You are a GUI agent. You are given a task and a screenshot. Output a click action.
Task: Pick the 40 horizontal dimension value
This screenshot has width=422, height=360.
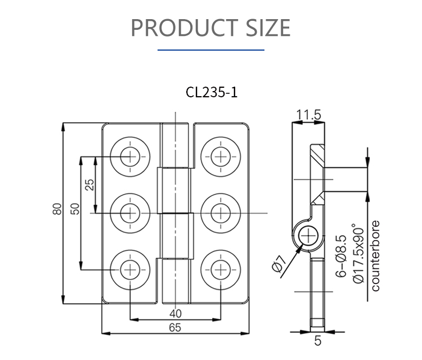(x=175, y=313)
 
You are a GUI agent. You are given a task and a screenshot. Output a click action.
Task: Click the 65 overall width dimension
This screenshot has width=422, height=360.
(x=175, y=327)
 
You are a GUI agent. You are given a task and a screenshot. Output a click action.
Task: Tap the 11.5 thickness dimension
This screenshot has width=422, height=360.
(x=308, y=115)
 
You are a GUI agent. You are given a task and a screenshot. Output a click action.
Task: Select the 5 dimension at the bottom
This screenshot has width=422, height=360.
(x=318, y=340)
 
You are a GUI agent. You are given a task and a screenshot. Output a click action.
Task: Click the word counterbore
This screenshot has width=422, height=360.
(x=376, y=256)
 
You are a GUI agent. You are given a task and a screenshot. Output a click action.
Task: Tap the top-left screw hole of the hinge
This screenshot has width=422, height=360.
(x=131, y=156)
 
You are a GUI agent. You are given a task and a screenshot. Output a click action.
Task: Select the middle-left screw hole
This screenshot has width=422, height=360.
(x=131, y=213)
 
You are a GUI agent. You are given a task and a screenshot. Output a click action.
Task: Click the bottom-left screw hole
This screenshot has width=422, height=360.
(x=131, y=269)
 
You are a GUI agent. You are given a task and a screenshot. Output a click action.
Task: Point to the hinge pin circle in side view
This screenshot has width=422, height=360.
(x=308, y=236)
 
